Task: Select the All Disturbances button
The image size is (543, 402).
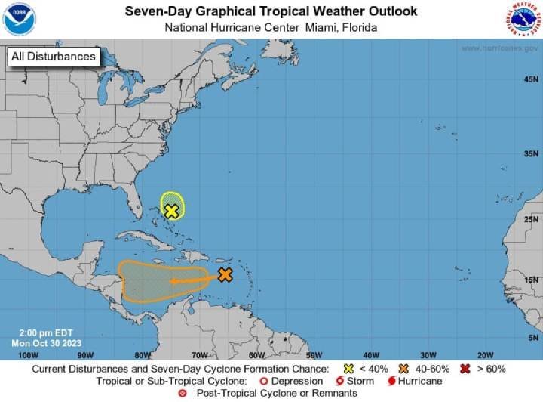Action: coord(53,57)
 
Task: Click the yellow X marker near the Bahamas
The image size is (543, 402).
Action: coord(172,211)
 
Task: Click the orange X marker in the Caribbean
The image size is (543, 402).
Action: coord(225,275)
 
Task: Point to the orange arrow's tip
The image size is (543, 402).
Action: coord(170,281)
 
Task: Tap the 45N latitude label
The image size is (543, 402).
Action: coord(531,79)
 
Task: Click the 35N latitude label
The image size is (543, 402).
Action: coord(531,153)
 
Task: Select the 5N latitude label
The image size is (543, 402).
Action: coord(532,337)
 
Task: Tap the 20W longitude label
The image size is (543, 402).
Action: coord(485,354)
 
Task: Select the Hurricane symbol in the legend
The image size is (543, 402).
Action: coord(393,381)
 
